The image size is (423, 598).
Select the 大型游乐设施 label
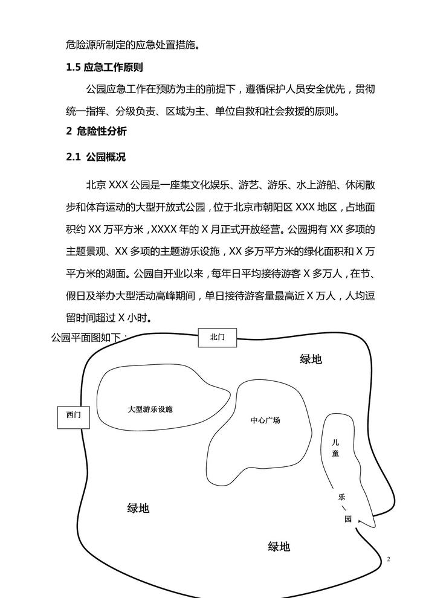pyautogui.click(x=150, y=409)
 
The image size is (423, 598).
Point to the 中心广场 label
pyautogui.click(x=265, y=420)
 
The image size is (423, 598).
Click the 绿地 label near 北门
pyautogui.click(x=311, y=359)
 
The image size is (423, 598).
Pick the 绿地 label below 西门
pyautogui.click(x=138, y=508)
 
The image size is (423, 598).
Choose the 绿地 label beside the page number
pyautogui.click(x=279, y=547)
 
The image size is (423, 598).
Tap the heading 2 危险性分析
pyautogui.click(x=96, y=130)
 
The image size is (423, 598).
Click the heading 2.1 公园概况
pyautogui.click(x=95, y=157)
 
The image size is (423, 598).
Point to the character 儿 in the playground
pyautogui.click(x=336, y=442)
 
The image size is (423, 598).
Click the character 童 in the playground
pyautogui.click(x=336, y=453)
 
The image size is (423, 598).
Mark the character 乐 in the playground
pyautogui.click(x=341, y=497)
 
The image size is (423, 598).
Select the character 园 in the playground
pyautogui.click(x=348, y=518)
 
